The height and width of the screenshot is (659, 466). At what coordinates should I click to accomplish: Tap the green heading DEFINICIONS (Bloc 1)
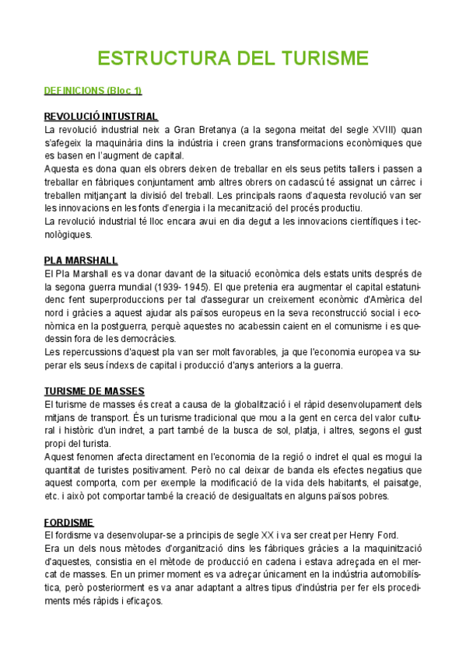click(93, 92)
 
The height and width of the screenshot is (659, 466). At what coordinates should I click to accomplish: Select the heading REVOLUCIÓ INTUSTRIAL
click(101, 117)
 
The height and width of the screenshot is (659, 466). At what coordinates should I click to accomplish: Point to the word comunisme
click(350, 326)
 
